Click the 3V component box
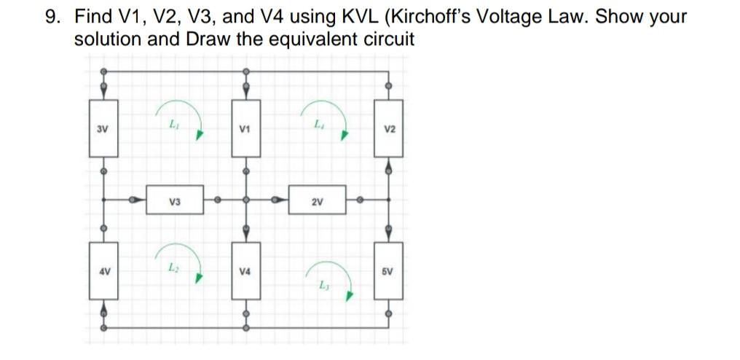tap(103, 129)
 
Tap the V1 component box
tap(246, 129)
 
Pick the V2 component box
tap(388, 129)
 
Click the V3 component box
tap(175, 200)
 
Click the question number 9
tap(50, 17)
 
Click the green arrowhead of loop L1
tap(199, 136)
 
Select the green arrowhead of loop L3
tap(350, 297)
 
